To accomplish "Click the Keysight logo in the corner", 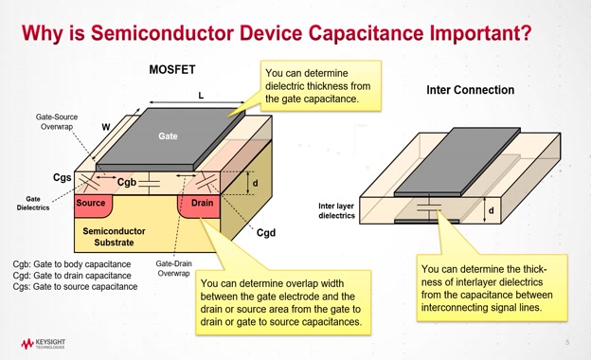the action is tap(43, 343).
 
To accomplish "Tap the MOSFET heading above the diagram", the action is tap(172, 70).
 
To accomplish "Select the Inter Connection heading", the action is tap(471, 90).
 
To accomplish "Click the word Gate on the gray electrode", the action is tap(168, 136).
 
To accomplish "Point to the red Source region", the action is tap(94, 206).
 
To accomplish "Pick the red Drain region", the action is tap(199, 206).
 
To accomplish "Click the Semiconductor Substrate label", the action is tap(114, 237).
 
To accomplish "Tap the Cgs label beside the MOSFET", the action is tap(63, 177).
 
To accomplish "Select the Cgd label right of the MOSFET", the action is tap(266, 233).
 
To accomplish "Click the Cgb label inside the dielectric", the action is tap(127, 183).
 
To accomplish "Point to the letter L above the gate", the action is tap(201, 96).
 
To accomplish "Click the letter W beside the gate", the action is tap(106, 127).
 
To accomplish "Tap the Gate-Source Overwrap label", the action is tap(57, 122).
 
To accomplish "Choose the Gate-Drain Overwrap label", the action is tap(173, 268).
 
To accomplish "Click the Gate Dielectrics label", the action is tap(33, 203).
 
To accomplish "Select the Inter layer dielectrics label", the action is tap(336, 210).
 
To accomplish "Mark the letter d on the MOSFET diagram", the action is tap(255, 183).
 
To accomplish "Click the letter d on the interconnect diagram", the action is tap(492, 210).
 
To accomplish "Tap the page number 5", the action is tap(567, 342).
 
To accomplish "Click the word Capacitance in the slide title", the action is tap(367, 33).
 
